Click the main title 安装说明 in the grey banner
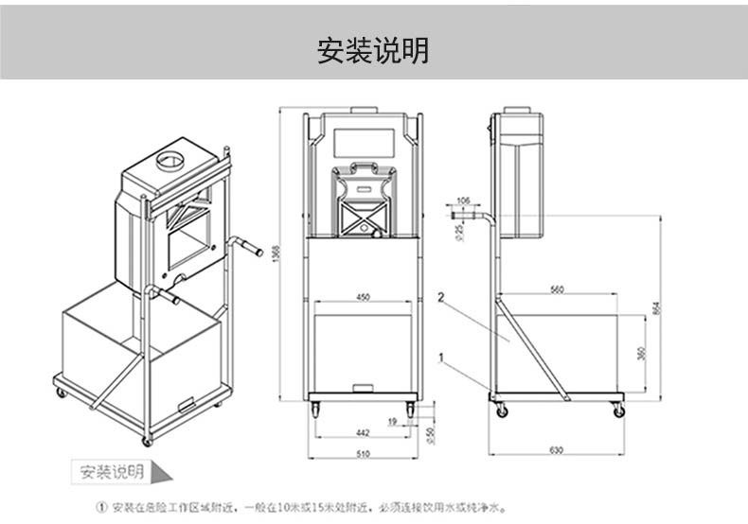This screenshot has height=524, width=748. (373, 50)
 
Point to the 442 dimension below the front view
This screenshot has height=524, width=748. (363, 431)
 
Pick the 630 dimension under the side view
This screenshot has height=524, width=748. (556, 450)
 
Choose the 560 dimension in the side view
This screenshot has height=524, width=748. (556, 288)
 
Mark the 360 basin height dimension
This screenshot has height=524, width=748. (640, 353)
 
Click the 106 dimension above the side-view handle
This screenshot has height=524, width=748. (462, 201)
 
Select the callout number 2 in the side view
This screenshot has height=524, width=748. (441, 297)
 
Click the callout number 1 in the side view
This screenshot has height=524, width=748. (441, 357)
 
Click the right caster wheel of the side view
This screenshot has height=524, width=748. (618, 411)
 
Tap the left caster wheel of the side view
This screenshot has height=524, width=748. (502, 411)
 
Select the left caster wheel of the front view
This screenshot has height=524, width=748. (315, 410)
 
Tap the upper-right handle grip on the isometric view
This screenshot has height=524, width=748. (251, 248)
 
